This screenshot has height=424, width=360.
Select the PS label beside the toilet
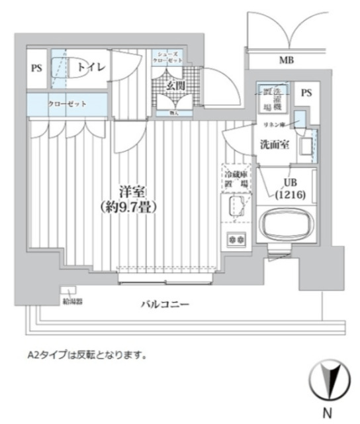(x=36, y=68)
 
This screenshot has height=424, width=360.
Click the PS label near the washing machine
(x=305, y=93)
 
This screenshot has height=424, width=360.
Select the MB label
(x=286, y=61)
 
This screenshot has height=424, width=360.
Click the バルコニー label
(x=165, y=304)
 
